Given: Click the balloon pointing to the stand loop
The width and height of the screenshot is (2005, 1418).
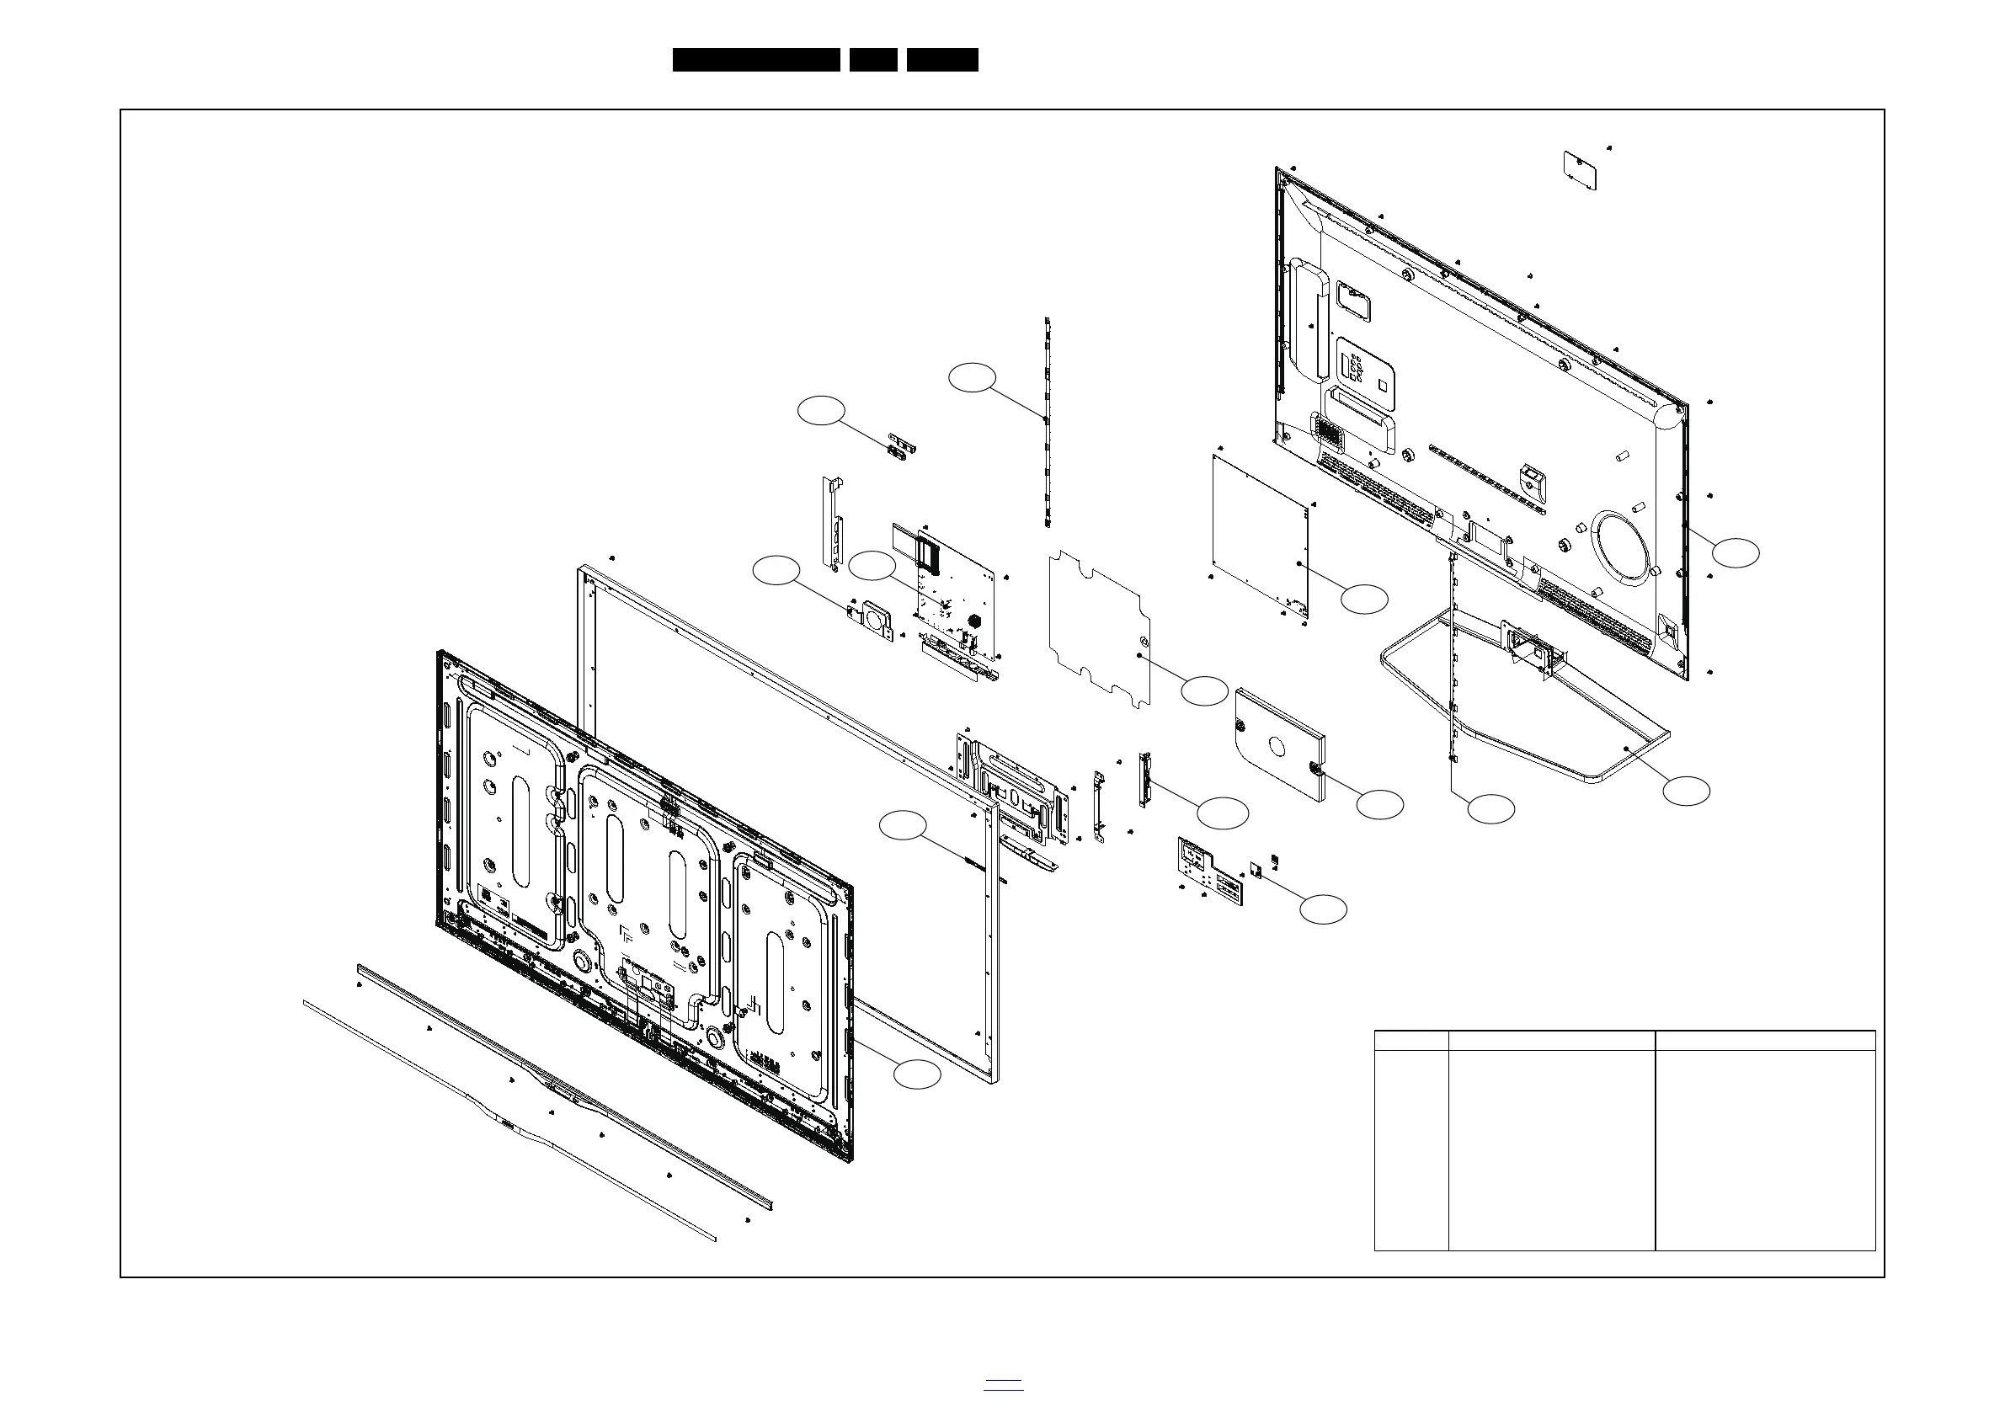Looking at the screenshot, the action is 1685,791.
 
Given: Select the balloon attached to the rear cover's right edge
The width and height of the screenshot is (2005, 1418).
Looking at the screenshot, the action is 1736,552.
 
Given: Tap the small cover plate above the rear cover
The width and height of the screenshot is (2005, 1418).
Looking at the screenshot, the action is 1580,171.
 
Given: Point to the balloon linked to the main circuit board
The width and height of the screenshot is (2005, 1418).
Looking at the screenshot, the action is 872,566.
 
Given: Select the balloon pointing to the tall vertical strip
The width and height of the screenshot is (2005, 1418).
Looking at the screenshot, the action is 972,377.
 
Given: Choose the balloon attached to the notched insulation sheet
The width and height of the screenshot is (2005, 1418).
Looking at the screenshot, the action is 1204,690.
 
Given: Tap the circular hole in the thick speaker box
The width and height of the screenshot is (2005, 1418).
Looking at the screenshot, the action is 1277,748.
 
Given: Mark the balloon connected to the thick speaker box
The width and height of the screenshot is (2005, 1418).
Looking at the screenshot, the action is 1379,804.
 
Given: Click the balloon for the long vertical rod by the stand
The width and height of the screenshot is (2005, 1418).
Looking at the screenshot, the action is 1490,808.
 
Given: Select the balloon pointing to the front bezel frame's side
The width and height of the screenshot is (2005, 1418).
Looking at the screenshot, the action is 902,826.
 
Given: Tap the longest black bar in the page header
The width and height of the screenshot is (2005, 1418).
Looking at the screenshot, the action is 755,60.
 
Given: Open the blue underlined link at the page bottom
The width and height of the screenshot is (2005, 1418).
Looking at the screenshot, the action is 1004,1384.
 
